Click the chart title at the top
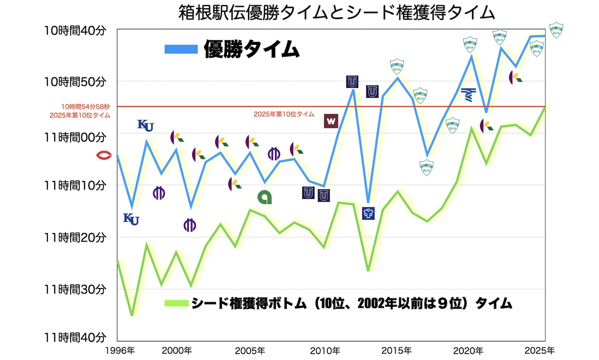[336, 13]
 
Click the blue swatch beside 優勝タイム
[181, 49]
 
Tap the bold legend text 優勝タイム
[252, 49]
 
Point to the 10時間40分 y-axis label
[75, 31]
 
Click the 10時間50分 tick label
[75, 82]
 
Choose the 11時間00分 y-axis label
[75, 137]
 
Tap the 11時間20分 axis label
[75, 238]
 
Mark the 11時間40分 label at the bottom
[75, 337]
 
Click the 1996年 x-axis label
[120, 351]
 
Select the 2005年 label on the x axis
[250, 351]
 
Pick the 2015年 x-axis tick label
[397, 351]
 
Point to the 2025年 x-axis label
[540, 351]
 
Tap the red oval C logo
[104, 156]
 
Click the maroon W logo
[331, 121]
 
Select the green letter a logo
[265, 197]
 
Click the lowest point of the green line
[132, 315]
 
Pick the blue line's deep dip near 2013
[368, 202]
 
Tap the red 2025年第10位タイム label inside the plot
[284, 114]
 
